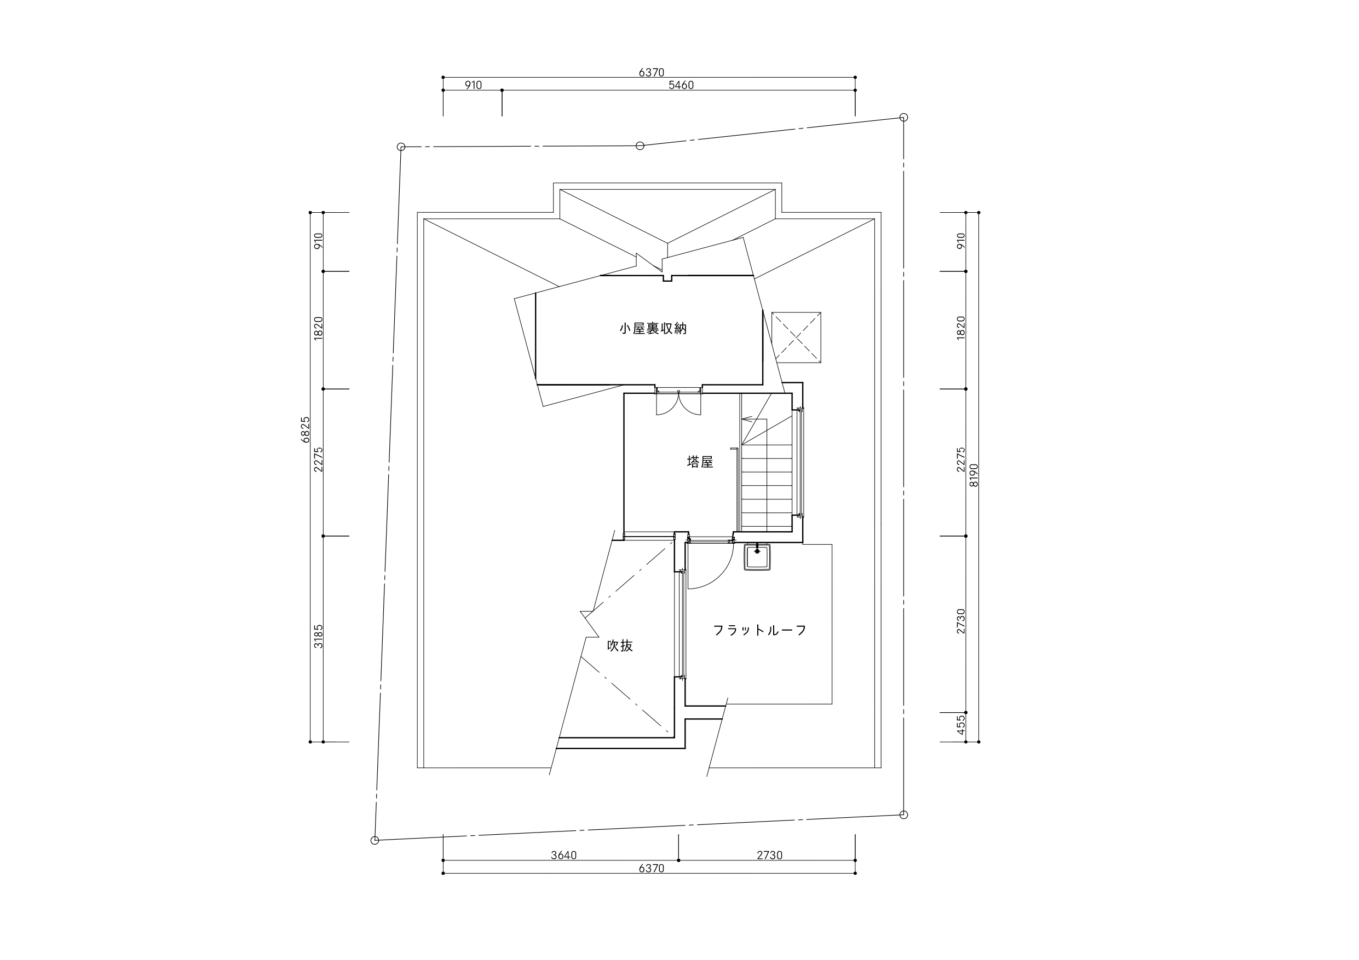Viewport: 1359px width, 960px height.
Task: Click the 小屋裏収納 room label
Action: coord(653,329)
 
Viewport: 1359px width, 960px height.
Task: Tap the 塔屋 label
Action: coord(700,462)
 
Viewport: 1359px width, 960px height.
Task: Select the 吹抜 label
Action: coord(620,646)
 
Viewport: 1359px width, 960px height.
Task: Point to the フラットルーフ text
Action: coord(760,631)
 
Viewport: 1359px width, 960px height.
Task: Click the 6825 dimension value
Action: coord(306,429)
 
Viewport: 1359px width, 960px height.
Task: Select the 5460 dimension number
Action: coord(681,85)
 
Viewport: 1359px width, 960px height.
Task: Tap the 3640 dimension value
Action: coord(563,856)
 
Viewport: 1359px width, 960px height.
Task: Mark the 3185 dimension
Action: coord(319,637)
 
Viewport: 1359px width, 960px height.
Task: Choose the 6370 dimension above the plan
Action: coord(651,73)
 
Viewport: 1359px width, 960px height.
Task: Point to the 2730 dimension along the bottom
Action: coord(769,856)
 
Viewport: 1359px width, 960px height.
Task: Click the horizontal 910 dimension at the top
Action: coord(473,85)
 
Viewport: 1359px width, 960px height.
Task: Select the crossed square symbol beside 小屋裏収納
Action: coord(796,337)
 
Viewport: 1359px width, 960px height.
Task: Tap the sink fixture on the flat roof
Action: coord(757,557)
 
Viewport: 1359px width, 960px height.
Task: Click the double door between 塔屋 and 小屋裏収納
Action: coord(678,402)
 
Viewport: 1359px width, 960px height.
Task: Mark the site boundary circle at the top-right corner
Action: coord(903,117)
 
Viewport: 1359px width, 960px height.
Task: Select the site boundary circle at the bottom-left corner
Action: coord(375,840)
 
